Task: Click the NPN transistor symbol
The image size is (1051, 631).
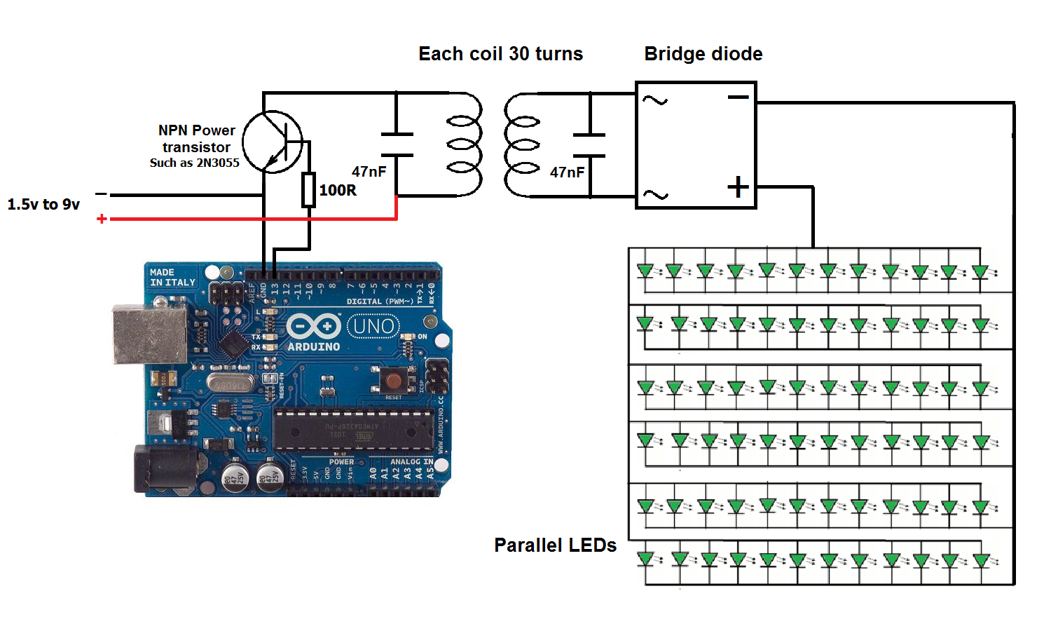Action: click(x=273, y=142)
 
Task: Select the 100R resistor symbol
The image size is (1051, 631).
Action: click(x=308, y=189)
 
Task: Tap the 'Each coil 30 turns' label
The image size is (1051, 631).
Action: click(x=500, y=54)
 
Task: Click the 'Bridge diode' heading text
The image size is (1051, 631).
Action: click(x=703, y=54)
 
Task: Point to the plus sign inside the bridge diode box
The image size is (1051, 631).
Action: click(x=738, y=186)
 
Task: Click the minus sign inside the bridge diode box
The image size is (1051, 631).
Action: click(x=738, y=97)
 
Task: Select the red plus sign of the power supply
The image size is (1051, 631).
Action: click(x=102, y=219)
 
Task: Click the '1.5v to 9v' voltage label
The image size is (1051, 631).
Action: click(x=43, y=204)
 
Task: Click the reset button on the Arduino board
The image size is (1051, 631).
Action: click(x=394, y=381)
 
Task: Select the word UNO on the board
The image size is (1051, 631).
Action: click(x=373, y=326)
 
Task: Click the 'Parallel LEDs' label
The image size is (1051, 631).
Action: click(x=555, y=545)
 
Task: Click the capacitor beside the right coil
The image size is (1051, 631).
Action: click(x=589, y=145)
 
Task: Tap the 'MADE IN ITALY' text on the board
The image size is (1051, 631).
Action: click(x=172, y=277)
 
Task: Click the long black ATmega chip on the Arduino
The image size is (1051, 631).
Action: click(x=352, y=429)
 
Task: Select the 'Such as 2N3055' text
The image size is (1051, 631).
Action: click(x=194, y=163)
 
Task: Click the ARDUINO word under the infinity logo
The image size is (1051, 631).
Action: click(x=313, y=346)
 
